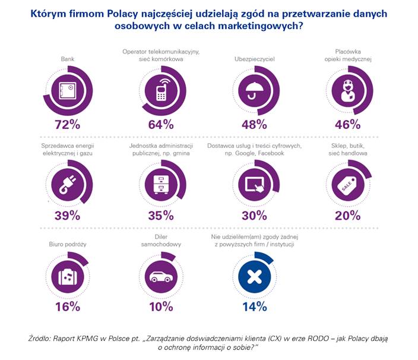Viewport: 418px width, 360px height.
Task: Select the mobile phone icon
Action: (160, 91)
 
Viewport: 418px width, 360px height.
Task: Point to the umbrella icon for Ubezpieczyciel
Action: (253, 91)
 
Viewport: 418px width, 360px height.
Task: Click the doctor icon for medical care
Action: (347, 91)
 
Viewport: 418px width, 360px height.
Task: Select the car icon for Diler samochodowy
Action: (160, 276)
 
